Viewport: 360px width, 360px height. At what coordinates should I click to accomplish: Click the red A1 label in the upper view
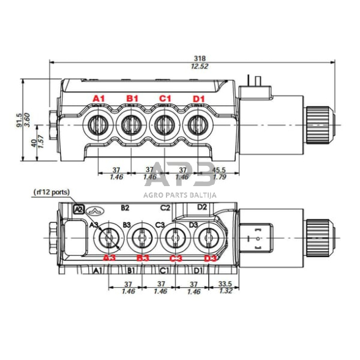point(99,99)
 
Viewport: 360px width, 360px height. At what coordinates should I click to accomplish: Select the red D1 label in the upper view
point(198,99)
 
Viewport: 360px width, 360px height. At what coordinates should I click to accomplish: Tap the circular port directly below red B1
point(130,126)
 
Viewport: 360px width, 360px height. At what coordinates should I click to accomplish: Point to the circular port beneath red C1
point(163,126)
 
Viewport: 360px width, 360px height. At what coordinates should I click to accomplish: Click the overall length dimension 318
point(192,56)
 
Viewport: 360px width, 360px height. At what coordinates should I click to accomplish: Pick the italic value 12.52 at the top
point(192,66)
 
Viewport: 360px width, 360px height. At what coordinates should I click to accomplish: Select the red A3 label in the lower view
point(109,258)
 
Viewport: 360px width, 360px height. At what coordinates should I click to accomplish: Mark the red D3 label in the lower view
point(210,258)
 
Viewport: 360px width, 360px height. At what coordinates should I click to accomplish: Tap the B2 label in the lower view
point(126,208)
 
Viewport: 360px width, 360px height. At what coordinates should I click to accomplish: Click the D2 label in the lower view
point(203,206)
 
